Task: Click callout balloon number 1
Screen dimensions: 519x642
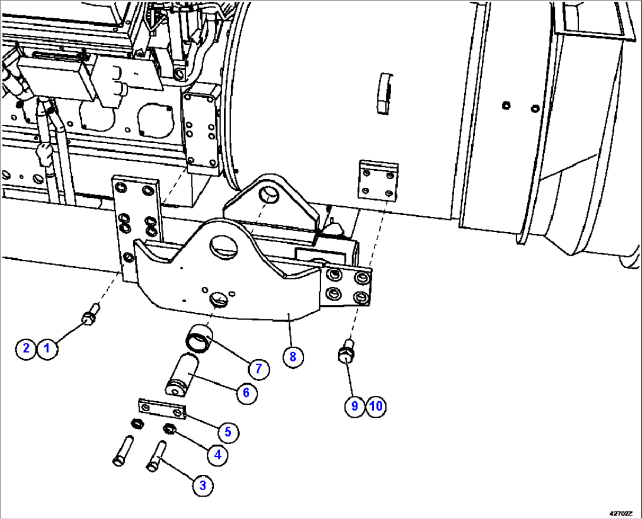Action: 48,348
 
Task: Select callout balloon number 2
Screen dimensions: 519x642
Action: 26,348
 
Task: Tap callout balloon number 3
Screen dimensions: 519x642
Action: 203,485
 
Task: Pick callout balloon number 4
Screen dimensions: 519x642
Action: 218,455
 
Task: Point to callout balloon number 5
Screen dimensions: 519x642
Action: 228,432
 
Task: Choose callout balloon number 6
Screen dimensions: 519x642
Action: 246,392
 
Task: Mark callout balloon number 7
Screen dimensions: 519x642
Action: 258,369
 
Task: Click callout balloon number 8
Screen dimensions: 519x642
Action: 293,356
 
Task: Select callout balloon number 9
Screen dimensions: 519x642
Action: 355,406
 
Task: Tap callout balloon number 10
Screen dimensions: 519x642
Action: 376,406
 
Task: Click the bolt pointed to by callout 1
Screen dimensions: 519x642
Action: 90,316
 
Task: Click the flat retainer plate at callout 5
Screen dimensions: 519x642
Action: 162,409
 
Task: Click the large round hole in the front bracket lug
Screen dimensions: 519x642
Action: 224,245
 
